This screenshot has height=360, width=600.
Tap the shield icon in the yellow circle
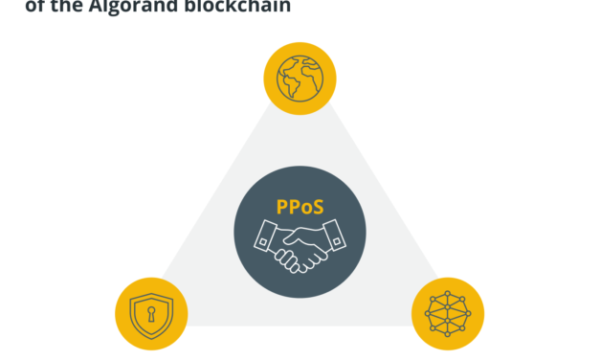(x=151, y=314)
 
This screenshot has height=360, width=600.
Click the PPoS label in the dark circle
(x=300, y=206)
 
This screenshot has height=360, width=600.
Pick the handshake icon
(x=300, y=245)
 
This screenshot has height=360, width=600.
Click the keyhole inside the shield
(x=151, y=313)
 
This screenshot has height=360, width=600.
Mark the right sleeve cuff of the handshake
(x=333, y=236)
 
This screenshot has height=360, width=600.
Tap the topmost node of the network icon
(x=448, y=294)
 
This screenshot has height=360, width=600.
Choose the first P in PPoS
(x=282, y=206)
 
